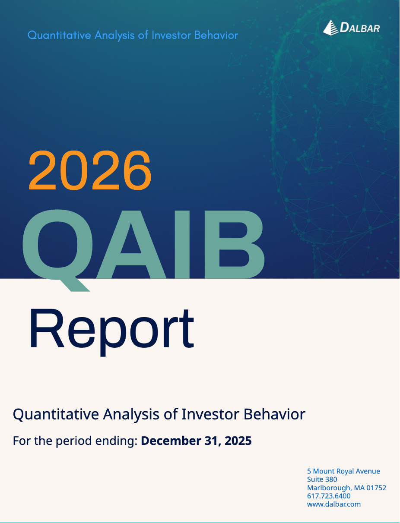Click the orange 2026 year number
pos(90,170)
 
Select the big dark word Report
pos(111,331)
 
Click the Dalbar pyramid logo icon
pos(330,28)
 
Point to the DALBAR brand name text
pos(360,28)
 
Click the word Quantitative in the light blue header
pos(59,35)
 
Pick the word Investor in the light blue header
pos(171,35)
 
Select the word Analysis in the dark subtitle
pos(131,415)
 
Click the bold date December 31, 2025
pos(196,441)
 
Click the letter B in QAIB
pos(235,245)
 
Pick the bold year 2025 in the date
pos(238,441)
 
